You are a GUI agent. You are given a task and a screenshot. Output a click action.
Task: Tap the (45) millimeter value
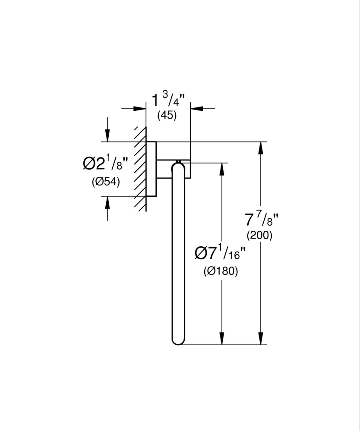tap(167, 116)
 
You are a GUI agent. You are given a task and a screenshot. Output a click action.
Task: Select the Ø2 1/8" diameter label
tap(106, 164)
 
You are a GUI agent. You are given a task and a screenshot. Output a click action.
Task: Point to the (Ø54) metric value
tap(106, 182)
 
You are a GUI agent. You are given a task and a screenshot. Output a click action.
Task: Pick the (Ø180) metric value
tap(221, 272)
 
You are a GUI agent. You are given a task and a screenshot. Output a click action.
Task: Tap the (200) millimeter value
tap(259, 236)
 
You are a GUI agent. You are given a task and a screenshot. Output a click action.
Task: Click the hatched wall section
tap(140, 168)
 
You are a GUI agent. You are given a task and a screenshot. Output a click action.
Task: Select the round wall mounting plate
tap(151, 168)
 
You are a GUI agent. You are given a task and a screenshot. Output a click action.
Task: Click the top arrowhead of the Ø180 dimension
tap(222, 170)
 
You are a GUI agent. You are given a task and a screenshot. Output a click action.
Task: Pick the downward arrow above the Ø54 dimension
tap(107, 135)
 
